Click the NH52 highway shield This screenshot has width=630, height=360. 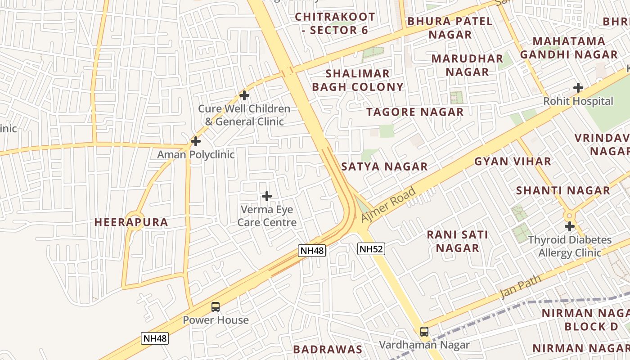coord(371,248)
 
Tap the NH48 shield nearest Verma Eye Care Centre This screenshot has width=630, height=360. coord(311,251)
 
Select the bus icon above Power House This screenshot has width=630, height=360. coord(216,307)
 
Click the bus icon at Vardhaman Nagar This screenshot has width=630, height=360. coord(424,332)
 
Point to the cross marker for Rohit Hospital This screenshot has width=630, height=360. coord(578,88)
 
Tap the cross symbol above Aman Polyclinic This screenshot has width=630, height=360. coord(195,141)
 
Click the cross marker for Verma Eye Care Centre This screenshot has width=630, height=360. coord(267,196)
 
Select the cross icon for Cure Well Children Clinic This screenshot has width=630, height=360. coord(244,95)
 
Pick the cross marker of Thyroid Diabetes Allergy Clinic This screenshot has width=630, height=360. coord(570,226)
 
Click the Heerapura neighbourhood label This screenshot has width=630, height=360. coord(131,222)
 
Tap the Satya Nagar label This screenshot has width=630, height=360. coord(384,167)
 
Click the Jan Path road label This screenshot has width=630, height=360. coord(521,288)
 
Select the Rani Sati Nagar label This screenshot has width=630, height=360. coord(458,241)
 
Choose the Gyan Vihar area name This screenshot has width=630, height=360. coord(513,162)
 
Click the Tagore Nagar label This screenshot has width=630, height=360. coord(415,112)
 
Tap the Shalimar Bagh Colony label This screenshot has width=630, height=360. coord(358,80)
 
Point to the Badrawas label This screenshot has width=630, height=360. coord(328,349)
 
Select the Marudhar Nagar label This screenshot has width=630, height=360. coord(467,65)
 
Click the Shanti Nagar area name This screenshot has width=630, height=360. coord(563,190)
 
